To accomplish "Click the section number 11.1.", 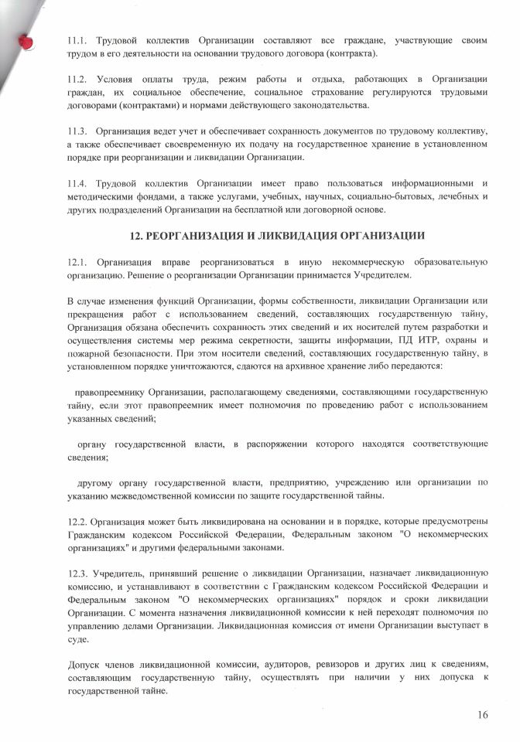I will coord(78,39).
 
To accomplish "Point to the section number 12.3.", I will coord(78,573).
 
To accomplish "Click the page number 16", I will coord(482,715).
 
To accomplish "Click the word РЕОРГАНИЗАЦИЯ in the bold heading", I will coord(195,233).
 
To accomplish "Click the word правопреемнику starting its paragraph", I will coord(111,392).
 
